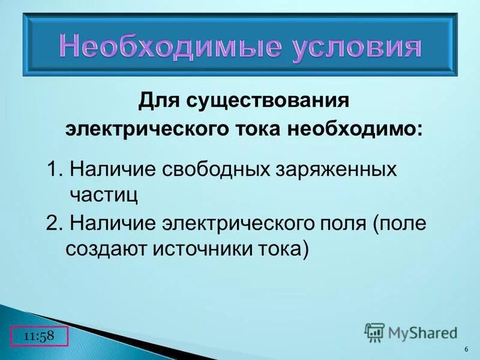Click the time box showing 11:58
tap(40, 337)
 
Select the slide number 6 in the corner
tap(466, 350)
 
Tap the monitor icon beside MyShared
tap(374, 332)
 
